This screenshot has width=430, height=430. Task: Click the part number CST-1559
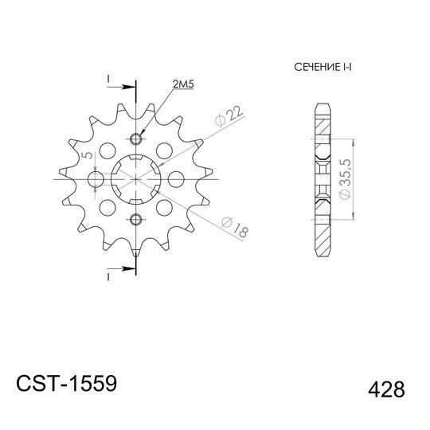[67, 383]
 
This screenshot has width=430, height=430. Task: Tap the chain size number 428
[386, 389]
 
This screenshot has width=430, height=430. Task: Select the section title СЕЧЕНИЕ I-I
[322, 67]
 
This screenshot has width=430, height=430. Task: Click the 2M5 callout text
[183, 84]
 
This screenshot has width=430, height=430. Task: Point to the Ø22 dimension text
[229, 116]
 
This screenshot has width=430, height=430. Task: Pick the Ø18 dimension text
[235, 227]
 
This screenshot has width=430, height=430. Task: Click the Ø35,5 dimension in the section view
[345, 179]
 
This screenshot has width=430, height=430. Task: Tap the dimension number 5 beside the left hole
[88, 155]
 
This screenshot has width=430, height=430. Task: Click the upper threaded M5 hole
[135, 139]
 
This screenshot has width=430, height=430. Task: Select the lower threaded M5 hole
[135, 220]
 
